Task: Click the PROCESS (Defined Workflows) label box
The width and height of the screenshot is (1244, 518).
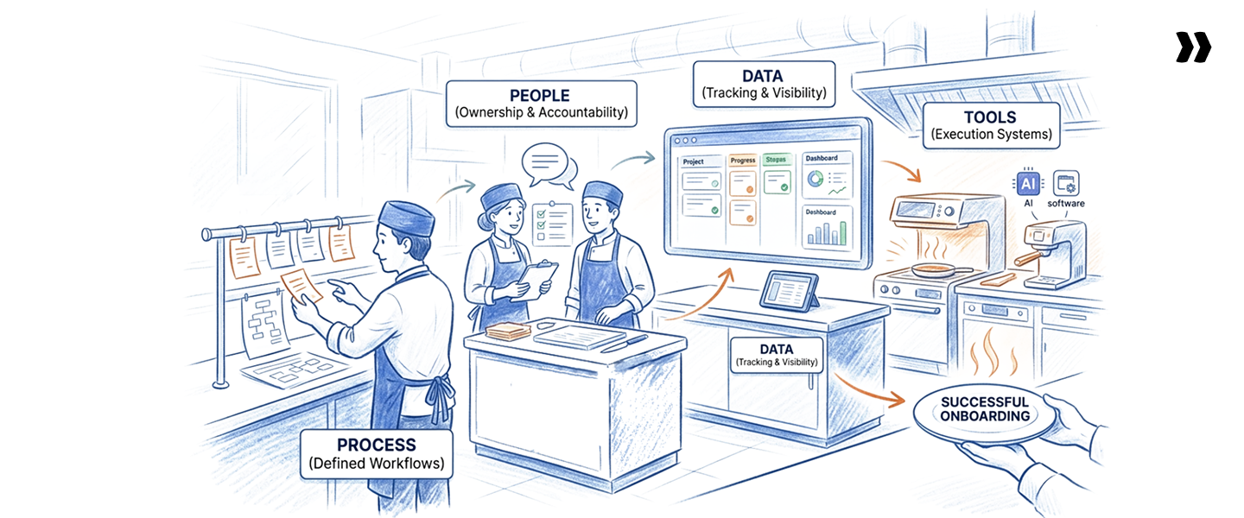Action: tap(376, 454)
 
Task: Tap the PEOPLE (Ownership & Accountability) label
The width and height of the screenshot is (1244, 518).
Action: tap(541, 104)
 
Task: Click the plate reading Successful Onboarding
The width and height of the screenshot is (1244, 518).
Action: tap(985, 410)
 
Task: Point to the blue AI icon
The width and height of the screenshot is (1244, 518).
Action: tap(1028, 183)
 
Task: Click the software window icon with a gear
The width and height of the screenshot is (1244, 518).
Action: tap(1067, 183)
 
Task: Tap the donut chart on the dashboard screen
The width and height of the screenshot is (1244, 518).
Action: tap(816, 179)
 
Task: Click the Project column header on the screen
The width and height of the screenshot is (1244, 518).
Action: tap(694, 161)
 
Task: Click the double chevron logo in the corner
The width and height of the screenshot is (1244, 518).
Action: tap(1193, 47)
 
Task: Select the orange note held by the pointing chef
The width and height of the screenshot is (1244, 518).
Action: tap(300, 284)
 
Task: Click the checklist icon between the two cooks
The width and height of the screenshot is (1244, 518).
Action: tap(549, 222)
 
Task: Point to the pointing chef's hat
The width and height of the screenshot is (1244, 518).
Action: tap(405, 219)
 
